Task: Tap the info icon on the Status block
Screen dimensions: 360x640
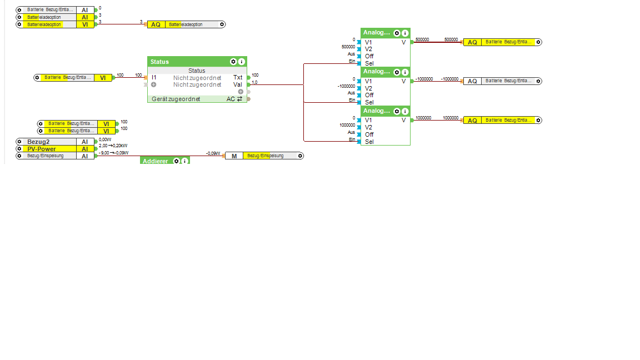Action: pos(242,62)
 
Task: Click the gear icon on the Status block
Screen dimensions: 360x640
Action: pos(233,62)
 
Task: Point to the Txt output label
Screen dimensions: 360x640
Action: pos(238,78)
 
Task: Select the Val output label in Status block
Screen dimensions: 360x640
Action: pos(238,84)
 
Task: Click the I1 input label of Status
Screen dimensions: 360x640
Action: pos(154,78)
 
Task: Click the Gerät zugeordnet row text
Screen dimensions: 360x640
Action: pos(176,99)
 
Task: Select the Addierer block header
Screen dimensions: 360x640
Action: pos(156,161)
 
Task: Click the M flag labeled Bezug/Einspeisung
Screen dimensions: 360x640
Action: pos(264,156)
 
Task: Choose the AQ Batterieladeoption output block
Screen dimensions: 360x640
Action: pos(186,24)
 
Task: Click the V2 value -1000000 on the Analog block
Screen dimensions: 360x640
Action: pos(347,86)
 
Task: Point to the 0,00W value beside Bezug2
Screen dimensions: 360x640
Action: pos(105,139)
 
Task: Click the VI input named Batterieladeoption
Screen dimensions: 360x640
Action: pos(55,24)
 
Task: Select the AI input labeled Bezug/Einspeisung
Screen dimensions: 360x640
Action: pos(55,156)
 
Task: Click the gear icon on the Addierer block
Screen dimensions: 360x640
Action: pos(177,161)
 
